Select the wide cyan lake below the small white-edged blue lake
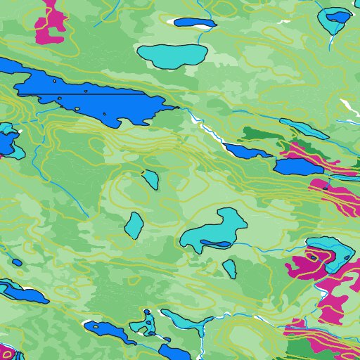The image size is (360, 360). point(172,56)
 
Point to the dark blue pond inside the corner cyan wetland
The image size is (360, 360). point(337,16)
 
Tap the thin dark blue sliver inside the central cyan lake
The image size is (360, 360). point(214,244)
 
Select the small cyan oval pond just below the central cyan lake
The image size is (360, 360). point(229,268)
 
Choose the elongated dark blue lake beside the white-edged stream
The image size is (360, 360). point(246,151)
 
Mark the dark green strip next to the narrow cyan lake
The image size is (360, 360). point(260,134)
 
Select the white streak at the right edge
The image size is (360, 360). point(349,108)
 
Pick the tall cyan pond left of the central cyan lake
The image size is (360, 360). point(134,225)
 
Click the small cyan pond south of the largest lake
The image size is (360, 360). point(151,179)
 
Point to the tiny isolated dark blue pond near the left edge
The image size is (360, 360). point(17,262)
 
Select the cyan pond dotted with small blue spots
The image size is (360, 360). point(144,323)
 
